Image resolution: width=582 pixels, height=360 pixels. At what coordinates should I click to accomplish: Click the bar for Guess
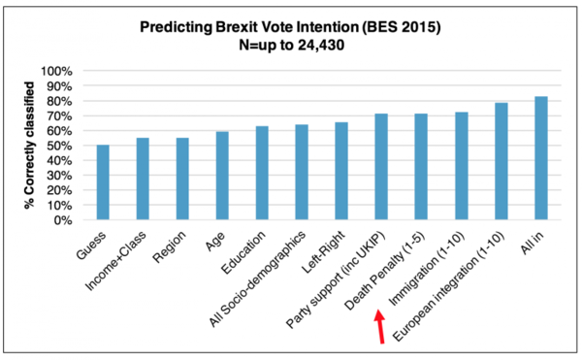tap(103, 182)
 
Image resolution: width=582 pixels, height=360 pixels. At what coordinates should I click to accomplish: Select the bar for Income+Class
tap(143, 179)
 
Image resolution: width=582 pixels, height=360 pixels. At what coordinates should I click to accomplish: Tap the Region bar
tap(182, 179)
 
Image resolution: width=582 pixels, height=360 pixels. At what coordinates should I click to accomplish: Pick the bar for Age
tap(222, 176)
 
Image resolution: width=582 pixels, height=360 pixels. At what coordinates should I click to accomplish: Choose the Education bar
tap(262, 173)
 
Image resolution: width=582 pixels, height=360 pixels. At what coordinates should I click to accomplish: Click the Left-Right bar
tap(341, 171)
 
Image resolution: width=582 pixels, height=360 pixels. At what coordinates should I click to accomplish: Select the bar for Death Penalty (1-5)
tap(421, 167)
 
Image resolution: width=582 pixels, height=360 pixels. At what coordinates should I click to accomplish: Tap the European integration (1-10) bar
tap(501, 161)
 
